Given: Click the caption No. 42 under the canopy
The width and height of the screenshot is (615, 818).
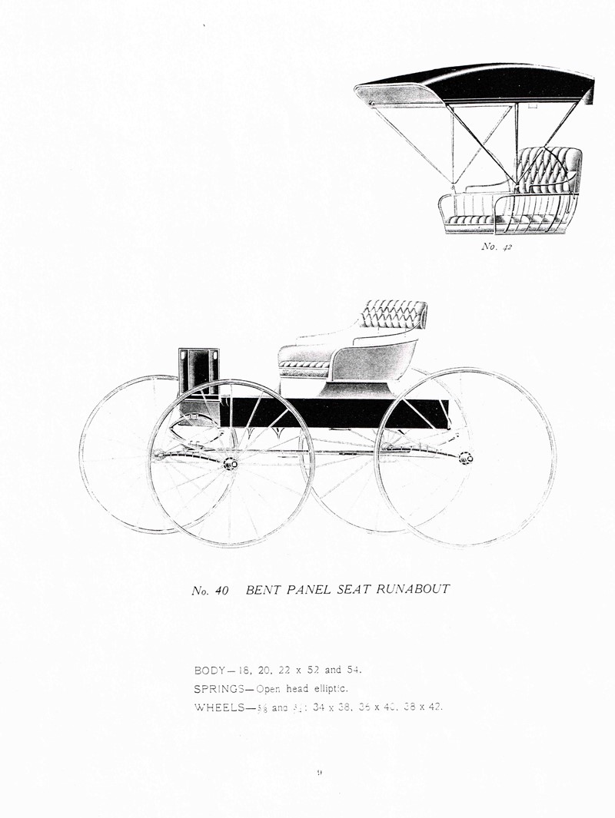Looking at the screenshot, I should [x=496, y=247].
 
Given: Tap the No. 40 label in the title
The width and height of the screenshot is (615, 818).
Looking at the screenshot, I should [x=210, y=591].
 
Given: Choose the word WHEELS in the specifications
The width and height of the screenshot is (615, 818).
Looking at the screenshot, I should [x=220, y=707].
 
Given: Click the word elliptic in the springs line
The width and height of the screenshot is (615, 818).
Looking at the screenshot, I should [x=331, y=688].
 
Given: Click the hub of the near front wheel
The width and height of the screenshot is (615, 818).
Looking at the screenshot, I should [x=230, y=463].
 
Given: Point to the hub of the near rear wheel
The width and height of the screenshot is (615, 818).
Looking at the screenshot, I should [x=464, y=458].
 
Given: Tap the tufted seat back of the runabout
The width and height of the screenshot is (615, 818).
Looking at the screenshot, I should [x=393, y=313].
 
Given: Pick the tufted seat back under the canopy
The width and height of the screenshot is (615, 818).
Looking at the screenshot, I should [x=548, y=169].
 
